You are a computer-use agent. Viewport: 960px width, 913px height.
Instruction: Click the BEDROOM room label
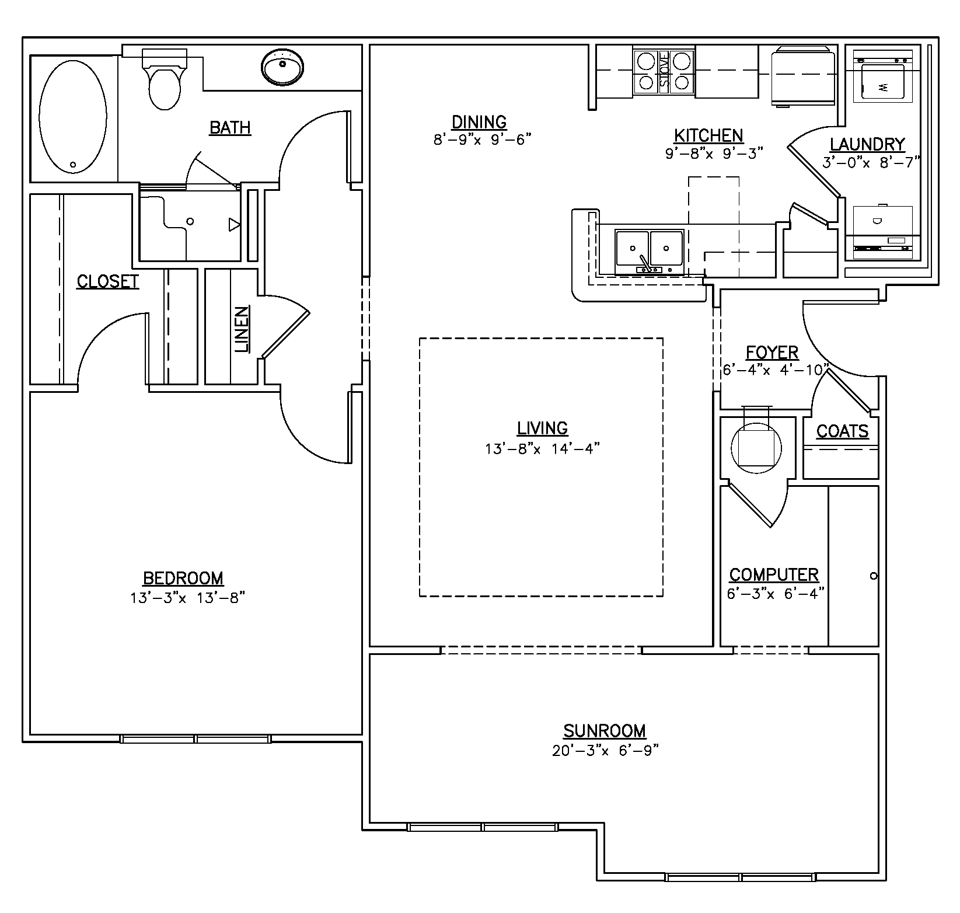[183, 578]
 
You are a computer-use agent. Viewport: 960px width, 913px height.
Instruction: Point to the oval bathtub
[73, 118]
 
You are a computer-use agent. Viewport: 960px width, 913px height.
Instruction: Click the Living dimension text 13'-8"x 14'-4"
[542, 449]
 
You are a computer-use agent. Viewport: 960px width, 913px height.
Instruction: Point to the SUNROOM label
[605, 731]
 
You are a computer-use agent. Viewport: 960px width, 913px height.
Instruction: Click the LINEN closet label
[243, 330]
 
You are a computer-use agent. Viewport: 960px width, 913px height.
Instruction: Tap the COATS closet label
[842, 431]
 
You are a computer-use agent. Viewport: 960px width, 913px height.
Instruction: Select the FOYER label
[772, 353]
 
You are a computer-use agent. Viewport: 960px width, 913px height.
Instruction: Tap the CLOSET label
[108, 281]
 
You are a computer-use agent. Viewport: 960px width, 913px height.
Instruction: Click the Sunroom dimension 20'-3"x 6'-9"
[605, 751]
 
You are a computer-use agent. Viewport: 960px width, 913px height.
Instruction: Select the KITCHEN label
[708, 135]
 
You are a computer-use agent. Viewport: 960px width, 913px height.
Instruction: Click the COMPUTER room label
[774, 574]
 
